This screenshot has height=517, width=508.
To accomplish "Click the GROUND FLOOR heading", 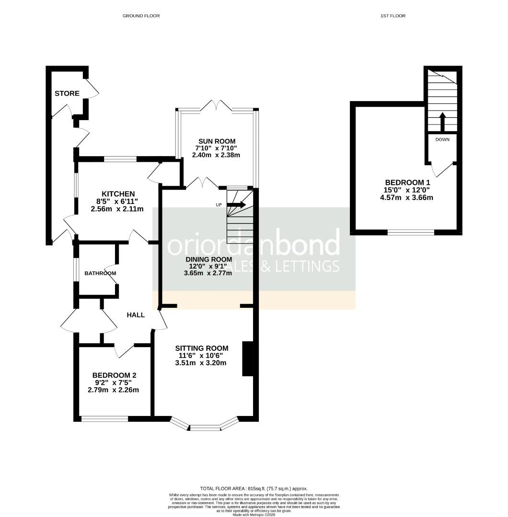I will pos(141,16).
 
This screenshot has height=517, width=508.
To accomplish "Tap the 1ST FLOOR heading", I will pos(393,16).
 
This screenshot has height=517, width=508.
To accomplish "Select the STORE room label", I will pos(67,93).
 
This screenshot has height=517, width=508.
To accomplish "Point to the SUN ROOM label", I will pos(217,141).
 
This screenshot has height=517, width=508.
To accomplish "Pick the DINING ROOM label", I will pos(208,258).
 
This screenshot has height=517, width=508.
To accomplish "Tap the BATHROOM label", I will pos(100,273).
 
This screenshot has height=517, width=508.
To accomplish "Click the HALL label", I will pos(136,315).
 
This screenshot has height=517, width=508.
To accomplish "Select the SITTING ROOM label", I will pos(201,348).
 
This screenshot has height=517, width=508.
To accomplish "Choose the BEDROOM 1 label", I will pos(407,182).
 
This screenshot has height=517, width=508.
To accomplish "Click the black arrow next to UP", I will pos(237,205).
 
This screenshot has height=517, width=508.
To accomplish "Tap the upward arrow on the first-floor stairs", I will pos(442,122).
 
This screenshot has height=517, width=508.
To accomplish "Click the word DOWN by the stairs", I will pos(442,140).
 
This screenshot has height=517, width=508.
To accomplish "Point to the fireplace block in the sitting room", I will pos(248,359).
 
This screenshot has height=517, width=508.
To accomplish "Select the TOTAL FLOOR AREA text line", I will pos(254,489).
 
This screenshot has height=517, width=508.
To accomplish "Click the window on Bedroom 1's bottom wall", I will pos(411,233).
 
